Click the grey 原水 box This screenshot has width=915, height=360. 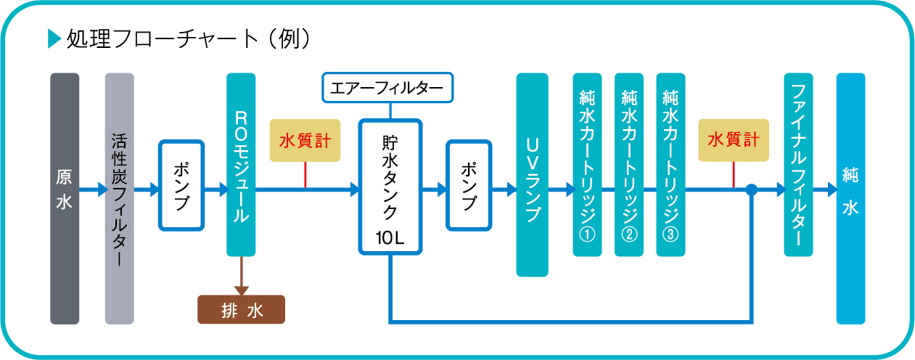65,198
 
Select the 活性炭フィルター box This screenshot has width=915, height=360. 120,198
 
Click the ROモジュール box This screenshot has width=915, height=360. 242,164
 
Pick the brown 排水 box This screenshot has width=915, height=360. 242,310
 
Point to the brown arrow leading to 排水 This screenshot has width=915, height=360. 242,279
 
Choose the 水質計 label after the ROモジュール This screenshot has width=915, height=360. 305,140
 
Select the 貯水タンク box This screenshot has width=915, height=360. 390,186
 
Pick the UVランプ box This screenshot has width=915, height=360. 532,175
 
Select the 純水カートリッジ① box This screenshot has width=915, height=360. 587,165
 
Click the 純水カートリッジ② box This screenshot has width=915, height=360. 629,165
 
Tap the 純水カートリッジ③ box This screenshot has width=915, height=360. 670,165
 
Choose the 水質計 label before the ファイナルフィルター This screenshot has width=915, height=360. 733,139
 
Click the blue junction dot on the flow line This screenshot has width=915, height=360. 752,190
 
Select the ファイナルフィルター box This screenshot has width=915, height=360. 798,165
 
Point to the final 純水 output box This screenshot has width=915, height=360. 850,198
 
